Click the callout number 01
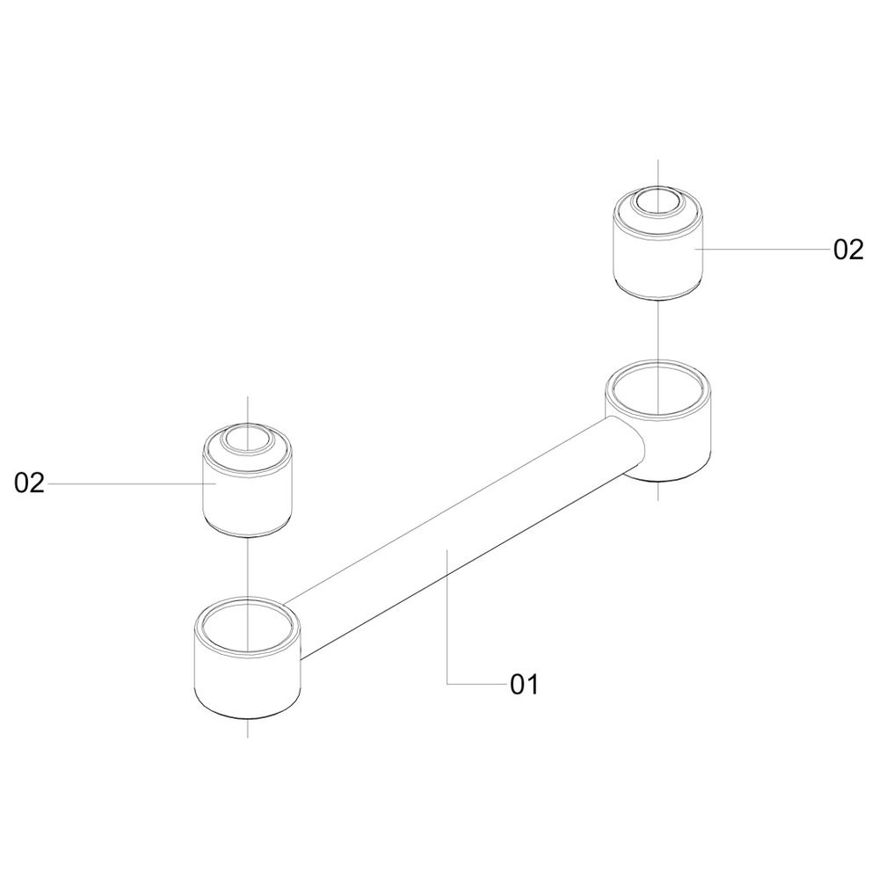[x=524, y=685]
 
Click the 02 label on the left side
[x=29, y=483]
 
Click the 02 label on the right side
[x=849, y=250]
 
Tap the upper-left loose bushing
[x=247, y=479]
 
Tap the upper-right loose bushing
[x=657, y=243]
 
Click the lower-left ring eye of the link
[x=247, y=658]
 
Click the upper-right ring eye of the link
[x=659, y=420]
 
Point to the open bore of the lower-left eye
[x=247, y=627]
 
